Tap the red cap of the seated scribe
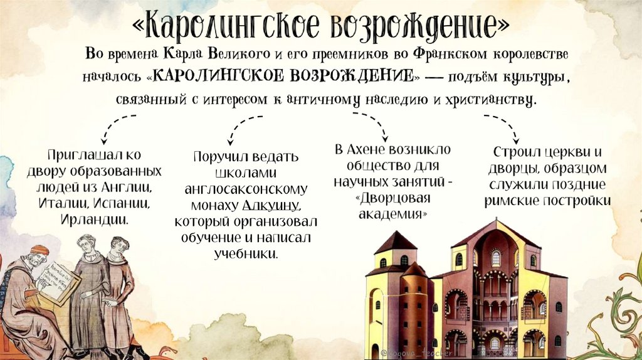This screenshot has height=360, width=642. coord(39,250)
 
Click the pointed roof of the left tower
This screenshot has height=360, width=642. coord(395,241)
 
